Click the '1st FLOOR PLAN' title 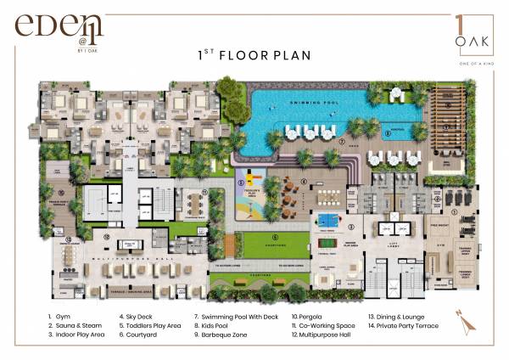click(254, 56)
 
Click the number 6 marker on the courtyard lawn click(274, 237)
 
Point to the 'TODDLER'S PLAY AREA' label click(250, 191)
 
